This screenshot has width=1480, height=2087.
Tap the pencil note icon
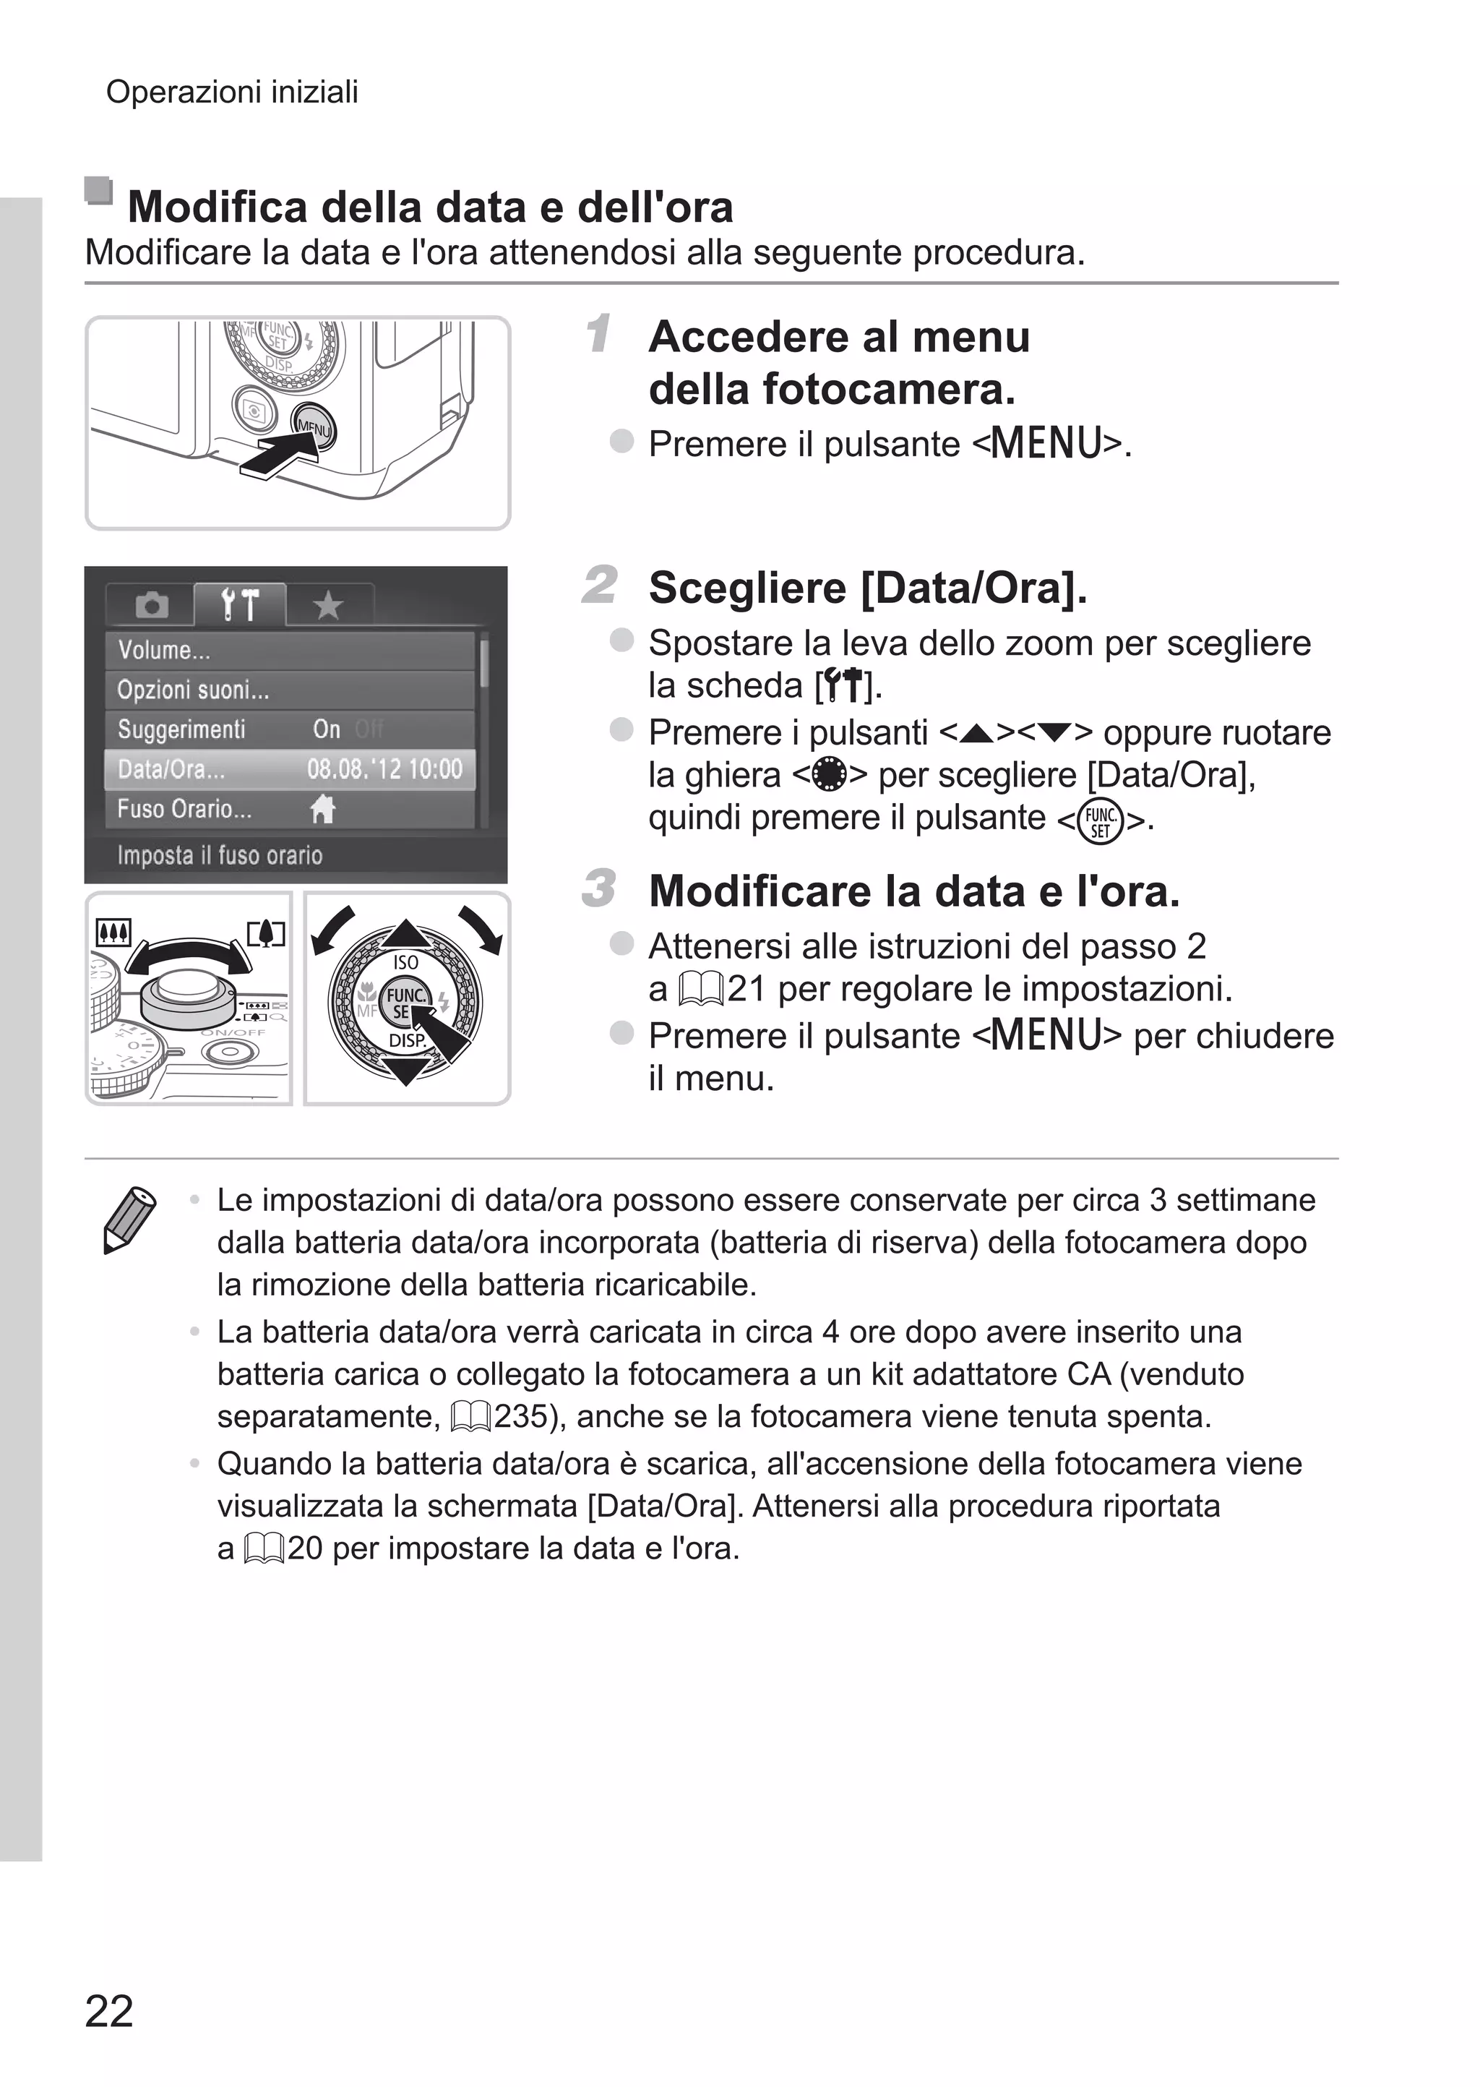pos(129,1219)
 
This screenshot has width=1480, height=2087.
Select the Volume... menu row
pos(290,650)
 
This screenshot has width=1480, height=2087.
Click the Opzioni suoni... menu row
pos(290,690)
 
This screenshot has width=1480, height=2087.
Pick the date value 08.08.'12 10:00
pos(384,769)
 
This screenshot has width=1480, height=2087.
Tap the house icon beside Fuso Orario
pos(322,808)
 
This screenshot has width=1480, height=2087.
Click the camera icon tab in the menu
pos(151,605)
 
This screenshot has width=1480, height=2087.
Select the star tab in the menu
pos(328,605)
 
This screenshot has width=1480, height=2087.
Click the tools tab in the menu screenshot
pos(240,604)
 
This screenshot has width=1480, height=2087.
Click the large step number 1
pos(598,333)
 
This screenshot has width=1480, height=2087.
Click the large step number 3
pos(599,888)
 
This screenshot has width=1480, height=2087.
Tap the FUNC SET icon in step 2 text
pos(1099,821)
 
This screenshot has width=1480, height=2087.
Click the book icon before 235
pos(471,1417)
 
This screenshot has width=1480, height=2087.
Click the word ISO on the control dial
pos(405,962)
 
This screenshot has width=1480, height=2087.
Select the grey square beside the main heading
pos(98,190)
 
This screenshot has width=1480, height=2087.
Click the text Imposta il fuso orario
pos(220,855)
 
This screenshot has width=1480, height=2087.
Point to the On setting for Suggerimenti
pos(326,729)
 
